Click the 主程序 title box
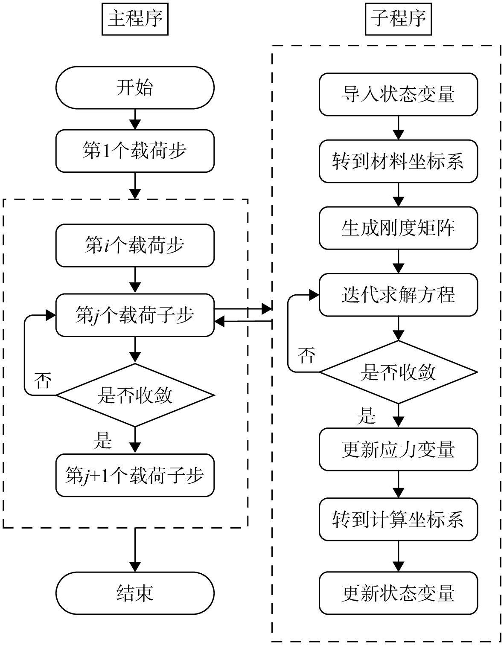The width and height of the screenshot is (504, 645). pos(135,19)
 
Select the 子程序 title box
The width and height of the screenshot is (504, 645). pos(398,19)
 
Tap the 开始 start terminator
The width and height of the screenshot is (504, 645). pos(135,87)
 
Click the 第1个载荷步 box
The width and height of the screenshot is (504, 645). pos(135,151)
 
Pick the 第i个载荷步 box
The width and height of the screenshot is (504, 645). pos(135,245)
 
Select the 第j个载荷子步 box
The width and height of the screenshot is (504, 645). pos(135,315)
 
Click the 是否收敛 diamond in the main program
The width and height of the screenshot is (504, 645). pos(135,395)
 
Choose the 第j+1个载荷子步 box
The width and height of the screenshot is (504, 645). pos(135,475)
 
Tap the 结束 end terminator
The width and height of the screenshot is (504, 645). pos(135,593)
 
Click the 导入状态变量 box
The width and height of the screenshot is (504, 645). pos(398,94)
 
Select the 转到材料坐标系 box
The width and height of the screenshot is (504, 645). pos(398,161)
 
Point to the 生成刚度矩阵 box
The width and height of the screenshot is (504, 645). pos(398,228)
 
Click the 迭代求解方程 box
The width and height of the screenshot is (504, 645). pos(398,295)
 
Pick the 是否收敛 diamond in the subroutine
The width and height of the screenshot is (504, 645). pos(398,372)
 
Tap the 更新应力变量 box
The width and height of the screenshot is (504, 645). pos(398,449)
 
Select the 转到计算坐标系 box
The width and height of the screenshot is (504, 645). pos(398,520)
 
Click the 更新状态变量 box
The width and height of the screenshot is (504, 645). pos(398,593)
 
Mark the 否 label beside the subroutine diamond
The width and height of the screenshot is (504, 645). pos(306,355)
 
